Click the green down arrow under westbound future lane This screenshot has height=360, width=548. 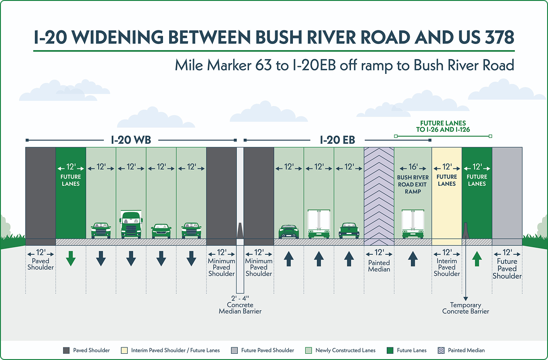point(70,259)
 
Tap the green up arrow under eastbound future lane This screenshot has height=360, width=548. point(477,259)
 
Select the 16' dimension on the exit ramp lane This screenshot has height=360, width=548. point(413,167)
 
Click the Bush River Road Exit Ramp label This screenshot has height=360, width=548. point(413,184)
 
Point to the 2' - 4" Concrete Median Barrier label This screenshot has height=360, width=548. point(240,304)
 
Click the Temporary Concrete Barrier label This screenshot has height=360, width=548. point(466,308)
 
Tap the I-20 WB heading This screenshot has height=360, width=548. point(131,140)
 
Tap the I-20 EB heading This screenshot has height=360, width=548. point(337,140)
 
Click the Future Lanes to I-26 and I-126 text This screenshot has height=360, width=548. point(443,126)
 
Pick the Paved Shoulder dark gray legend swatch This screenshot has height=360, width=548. point(66,350)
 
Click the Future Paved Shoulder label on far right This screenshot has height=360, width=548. point(507,269)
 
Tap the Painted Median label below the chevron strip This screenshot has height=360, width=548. point(379,266)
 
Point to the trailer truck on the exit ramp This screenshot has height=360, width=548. point(413,224)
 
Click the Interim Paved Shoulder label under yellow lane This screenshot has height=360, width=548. point(446,267)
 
